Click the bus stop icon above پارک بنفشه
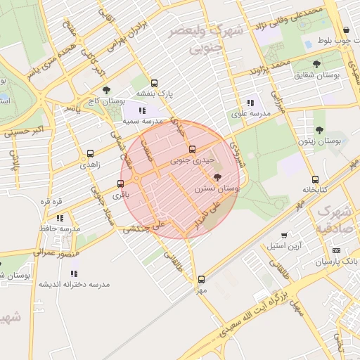pyautogui.click(x=155, y=82)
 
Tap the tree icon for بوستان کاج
pyautogui.click(x=106, y=90)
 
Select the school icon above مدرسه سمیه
pyautogui.click(x=143, y=110)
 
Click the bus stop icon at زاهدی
pyautogui.click(x=90, y=153)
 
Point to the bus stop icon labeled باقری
pyautogui.click(x=121, y=184)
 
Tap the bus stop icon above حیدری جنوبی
pyautogui.click(x=192, y=149)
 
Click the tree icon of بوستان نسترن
pyautogui.click(x=216, y=176)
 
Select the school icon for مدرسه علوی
pyautogui.click(x=250, y=103)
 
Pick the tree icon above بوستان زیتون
pyautogui.click(x=319, y=130)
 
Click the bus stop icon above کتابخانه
pyautogui.click(x=315, y=179)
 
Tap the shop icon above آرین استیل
pyautogui.click(x=283, y=236)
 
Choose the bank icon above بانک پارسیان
pyautogui.click(x=335, y=251)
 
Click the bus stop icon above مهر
pyautogui.click(x=202, y=278)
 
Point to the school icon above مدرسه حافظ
pyautogui.click(x=60, y=218)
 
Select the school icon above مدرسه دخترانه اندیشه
pyautogui.click(x=75, y=273)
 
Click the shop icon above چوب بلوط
pyautogui.click(x=347, y=30)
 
